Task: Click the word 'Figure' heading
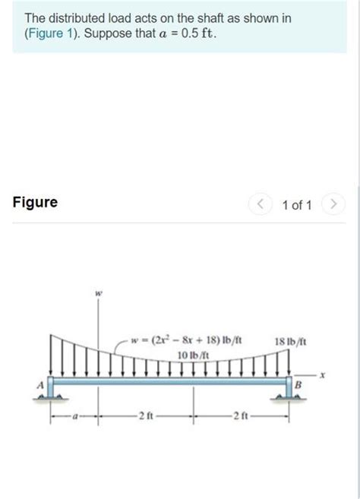(x=35, y=203)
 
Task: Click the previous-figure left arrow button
(x=261, y=204)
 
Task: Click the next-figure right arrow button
(x=333, y=204)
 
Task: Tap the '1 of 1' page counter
(x=296, y=204)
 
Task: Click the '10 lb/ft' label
(x=192, y=354)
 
